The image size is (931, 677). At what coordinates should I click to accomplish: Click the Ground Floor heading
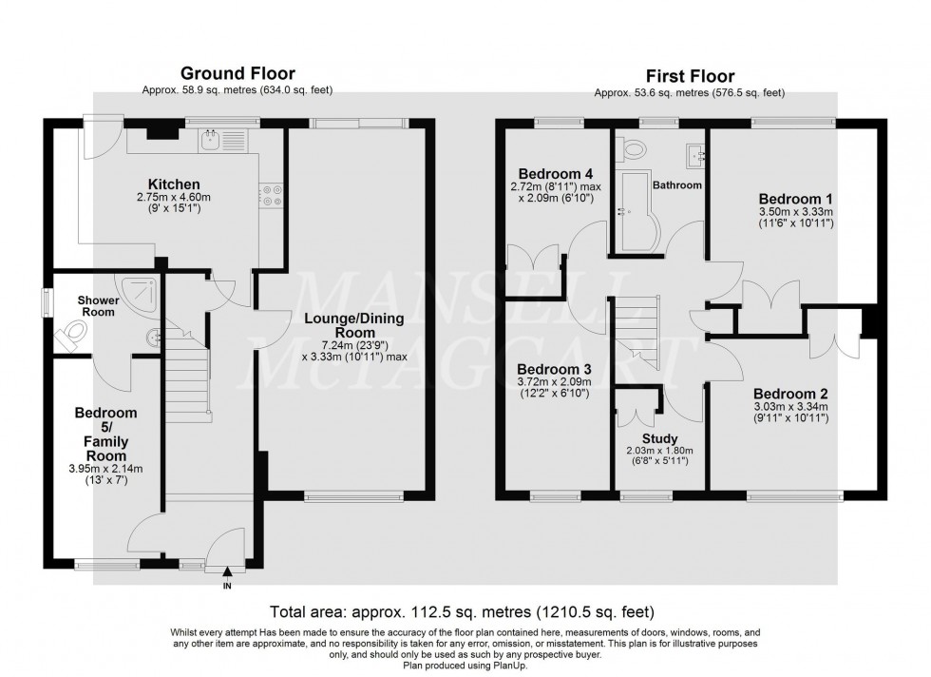click(x=237, y=73)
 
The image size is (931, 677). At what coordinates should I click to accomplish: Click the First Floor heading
click(x=689, y=76)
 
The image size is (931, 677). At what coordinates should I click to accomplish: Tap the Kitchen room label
click(x=173, y=184)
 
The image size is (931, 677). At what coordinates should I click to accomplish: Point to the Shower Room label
click(x=98, y=305)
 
